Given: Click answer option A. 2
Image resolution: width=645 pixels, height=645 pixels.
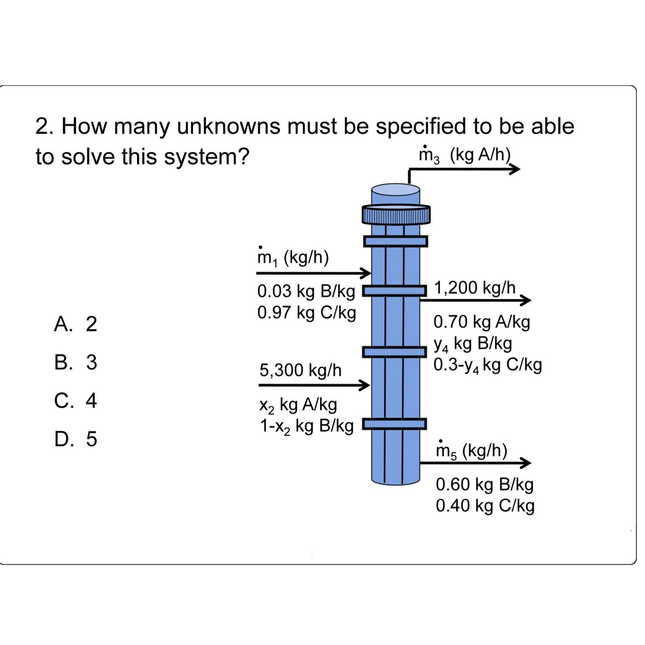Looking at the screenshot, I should [75, 324].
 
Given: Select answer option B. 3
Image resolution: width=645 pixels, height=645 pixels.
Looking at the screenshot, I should [75, 362].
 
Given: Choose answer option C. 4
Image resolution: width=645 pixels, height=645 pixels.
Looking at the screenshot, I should [75, 401].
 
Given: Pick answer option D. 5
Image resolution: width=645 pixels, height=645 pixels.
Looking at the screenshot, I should [75, 439].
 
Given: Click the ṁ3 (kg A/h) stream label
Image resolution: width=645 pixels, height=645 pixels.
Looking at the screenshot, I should [464, 155].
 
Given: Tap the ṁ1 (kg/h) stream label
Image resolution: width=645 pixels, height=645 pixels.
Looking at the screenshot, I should [293, 257].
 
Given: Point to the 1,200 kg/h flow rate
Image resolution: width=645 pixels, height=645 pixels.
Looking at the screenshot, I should [475, 288].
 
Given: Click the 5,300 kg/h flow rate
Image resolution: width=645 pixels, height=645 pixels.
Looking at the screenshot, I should [300, 370].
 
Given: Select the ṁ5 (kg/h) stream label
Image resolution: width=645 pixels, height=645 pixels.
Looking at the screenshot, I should [471, 450].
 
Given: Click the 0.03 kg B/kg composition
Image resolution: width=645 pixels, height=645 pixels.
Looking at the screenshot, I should [306, 292].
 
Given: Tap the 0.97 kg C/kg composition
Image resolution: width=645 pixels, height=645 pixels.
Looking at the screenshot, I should [306, 313].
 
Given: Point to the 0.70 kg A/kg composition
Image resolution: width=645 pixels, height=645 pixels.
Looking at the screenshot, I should [482, 322].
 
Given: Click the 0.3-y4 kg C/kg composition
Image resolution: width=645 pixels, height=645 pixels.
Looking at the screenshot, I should [487, 365].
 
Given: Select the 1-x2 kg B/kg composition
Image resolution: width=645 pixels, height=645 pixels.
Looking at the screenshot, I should [306, 426].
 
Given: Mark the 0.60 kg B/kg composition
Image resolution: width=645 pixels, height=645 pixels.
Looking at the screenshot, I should [484, 484].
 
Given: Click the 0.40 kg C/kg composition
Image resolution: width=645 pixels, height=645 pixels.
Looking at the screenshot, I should [485, 506].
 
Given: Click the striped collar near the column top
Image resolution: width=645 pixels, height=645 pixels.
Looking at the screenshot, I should [396, 214].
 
